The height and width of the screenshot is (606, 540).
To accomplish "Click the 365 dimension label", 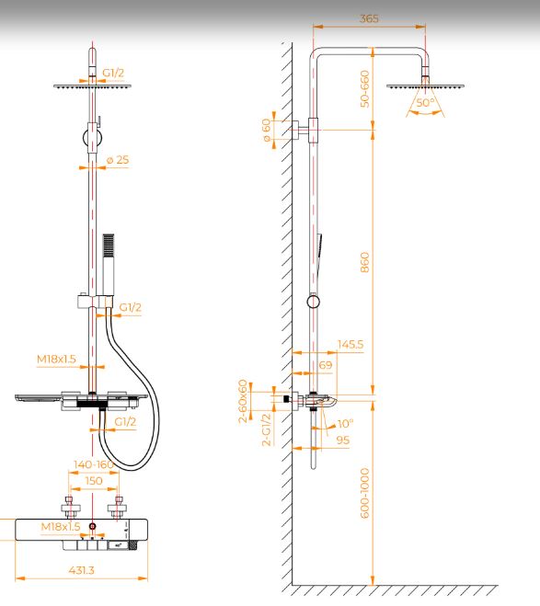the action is (369, 18).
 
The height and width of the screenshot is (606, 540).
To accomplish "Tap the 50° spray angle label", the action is (425, 103).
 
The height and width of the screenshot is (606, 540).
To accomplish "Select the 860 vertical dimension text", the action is (364, 262).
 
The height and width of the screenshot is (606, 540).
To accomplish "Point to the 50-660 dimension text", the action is (364, 88).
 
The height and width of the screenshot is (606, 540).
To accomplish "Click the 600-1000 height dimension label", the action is (364, 493).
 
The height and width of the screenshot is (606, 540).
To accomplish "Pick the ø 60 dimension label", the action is (267, 131).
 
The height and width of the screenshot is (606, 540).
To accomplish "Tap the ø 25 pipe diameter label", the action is (118, 160).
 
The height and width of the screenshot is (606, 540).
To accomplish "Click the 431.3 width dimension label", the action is (82, 570).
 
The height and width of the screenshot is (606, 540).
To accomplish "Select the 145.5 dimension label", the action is (350, 344).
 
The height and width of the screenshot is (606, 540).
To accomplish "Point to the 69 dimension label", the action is (326, 365).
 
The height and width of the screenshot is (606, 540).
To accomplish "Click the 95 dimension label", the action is (343, 440).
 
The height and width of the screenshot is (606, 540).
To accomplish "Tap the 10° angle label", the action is (345, 424).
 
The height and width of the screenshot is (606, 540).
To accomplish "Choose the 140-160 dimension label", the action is (94, 464).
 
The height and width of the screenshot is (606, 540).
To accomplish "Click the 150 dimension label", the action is (94, 481).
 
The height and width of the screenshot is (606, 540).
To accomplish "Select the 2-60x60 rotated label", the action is (243, 401).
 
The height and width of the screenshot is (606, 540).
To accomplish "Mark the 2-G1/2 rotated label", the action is (267, 429).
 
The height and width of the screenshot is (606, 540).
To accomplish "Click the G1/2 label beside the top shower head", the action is (113, 73).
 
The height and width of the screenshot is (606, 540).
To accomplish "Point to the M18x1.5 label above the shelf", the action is (56, 359).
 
